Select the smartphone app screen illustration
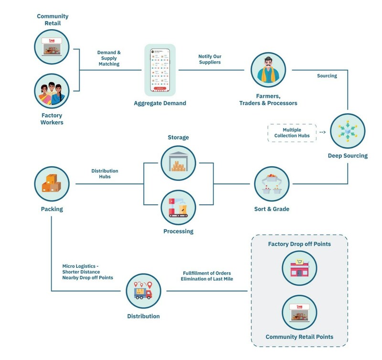[x=160, y=69]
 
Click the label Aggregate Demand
[x=160, y=103]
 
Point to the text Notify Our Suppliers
[x=210, y=59]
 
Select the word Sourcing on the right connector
[x=327, y=75]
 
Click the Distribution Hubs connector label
[x=105, y=174]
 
